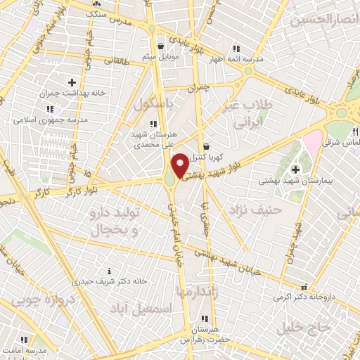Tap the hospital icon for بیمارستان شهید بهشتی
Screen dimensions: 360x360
[x=295, y=169]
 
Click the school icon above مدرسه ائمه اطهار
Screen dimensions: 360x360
[x=237, y=49]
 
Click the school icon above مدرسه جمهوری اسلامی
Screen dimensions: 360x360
[x=49, y=109]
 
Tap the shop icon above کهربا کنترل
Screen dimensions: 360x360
[x=205, y=146]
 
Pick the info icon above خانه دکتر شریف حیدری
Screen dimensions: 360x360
[x=108, y=271]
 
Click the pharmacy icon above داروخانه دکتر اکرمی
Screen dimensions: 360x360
[x=304, y=287]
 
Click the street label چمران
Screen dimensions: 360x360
[x=200, y=88]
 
